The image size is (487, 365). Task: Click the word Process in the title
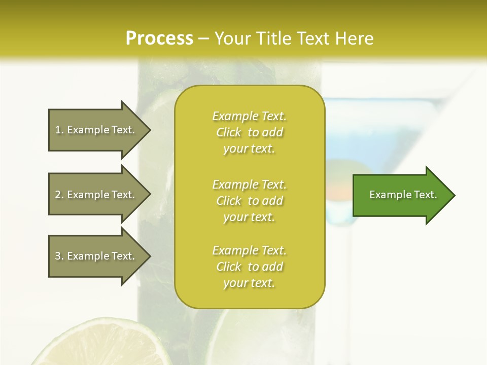click(x=159, y=39)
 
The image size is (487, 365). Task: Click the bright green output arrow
click(x=401, y=195)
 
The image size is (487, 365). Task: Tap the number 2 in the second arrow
click(x=58, y=195)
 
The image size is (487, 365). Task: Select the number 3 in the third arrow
click(x=58, y=256)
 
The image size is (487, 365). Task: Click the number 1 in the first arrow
click(x=57, y=130)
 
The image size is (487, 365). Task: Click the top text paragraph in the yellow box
click(x=249, y=132)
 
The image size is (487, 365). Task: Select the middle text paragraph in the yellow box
click(x=249, y=201)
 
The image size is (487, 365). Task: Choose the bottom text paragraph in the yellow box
click(x=249, y=267)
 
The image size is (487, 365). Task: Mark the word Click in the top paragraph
click(x=229, y=132)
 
